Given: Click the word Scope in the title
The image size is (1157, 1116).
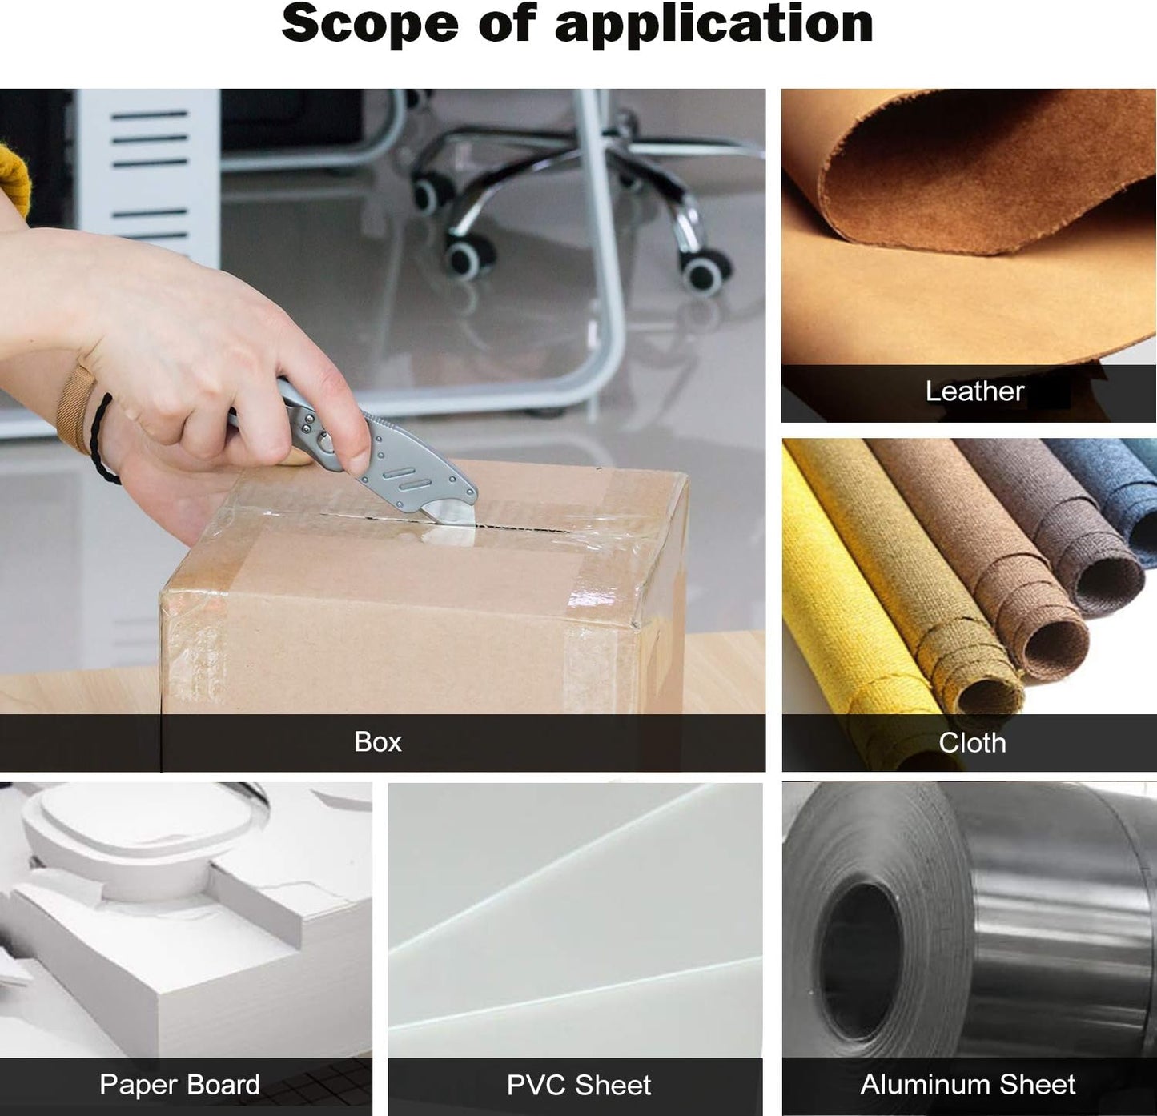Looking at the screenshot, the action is [369, 23].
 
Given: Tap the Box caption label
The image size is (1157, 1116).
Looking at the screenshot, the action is [378, 741].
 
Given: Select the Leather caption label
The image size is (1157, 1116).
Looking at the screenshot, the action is [974, 391].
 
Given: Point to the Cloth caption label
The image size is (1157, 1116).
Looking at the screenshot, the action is [972, 743].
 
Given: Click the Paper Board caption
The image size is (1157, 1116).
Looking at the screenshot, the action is [179, 1084].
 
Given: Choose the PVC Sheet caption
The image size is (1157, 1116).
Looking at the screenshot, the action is [578, 1085].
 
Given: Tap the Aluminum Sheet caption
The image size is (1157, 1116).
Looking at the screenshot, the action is [968, 1084].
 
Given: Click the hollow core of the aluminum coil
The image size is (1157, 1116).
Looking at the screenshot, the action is [860, 962].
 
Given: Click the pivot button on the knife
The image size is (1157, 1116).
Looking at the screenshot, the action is [324, 441].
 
